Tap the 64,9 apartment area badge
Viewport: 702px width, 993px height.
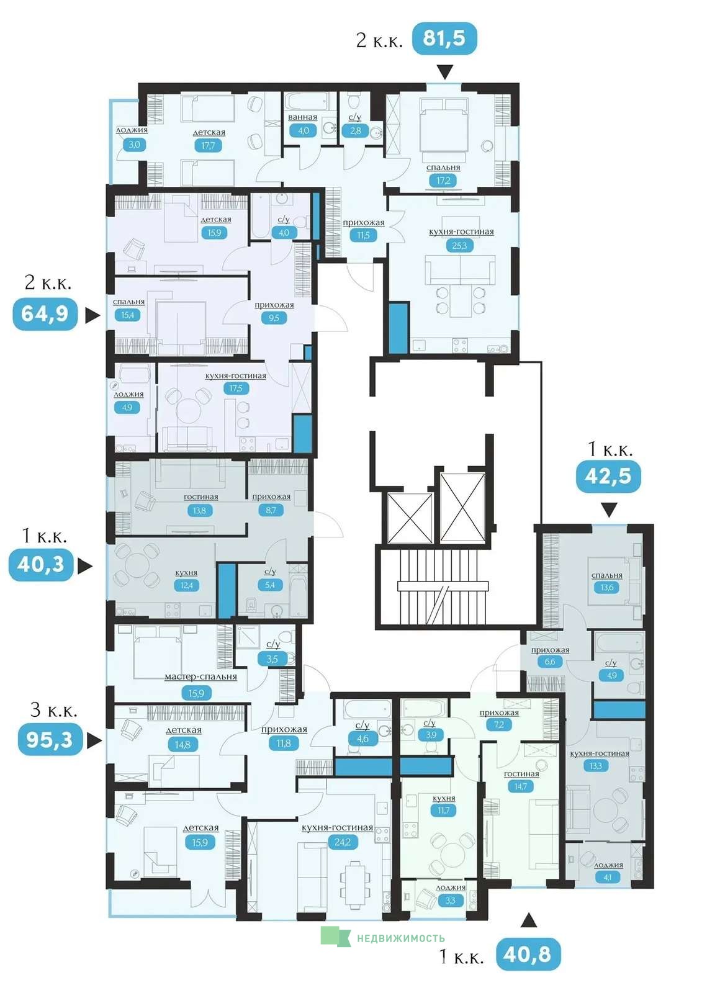(x=45, y=314)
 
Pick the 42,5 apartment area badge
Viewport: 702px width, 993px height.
(x=608, y=476)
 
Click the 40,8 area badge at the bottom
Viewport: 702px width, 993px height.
(x=528, y=955)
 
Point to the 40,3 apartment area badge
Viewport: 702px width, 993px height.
(x=41, y=565)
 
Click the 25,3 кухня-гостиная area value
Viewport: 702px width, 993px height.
(x=459, y=246)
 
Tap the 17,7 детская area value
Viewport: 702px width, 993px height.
(x=208, y=145)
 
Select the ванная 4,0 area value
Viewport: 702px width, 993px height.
(x=304, y=131)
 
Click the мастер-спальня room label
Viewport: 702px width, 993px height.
(x=200, y=677)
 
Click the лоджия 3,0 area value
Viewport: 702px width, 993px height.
(x=134, y=145)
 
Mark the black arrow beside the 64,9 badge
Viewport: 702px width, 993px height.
(x=92, y=316)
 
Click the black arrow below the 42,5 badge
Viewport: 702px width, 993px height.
(x=609, y=510)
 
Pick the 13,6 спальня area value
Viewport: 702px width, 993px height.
(x=606, y=588)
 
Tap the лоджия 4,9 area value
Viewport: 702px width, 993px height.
(x=127, y=407)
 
